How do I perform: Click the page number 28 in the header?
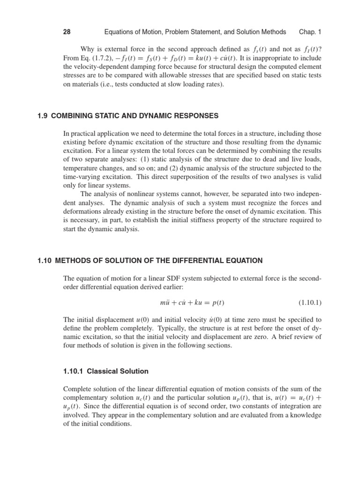[67, 32]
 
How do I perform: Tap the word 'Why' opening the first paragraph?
[88, 49]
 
